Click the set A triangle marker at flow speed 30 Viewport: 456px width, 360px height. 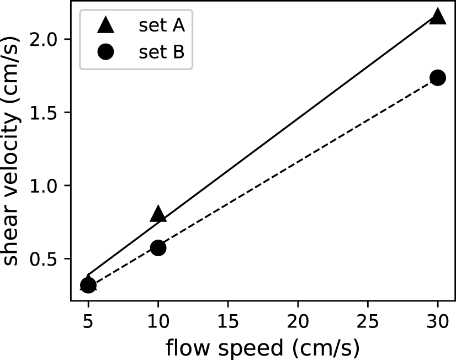pyautogui.click(x=438, y=17)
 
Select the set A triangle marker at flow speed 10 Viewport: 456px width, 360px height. pyautogui.click(x=158, y=214)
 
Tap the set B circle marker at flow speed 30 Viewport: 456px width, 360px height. pyautogui.click(x=438, y=77)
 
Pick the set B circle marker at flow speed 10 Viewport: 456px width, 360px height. pyautogui.click(x=158, y=247)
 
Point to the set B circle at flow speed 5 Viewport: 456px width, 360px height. pyautogui.click(x=88, y=285)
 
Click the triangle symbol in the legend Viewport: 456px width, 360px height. pyautogui.click(x=105, y=25)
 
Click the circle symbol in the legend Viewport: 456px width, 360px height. pyautogui.click(x=105, y=52)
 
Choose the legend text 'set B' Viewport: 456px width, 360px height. pyautogui.click(x=161, y=52)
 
